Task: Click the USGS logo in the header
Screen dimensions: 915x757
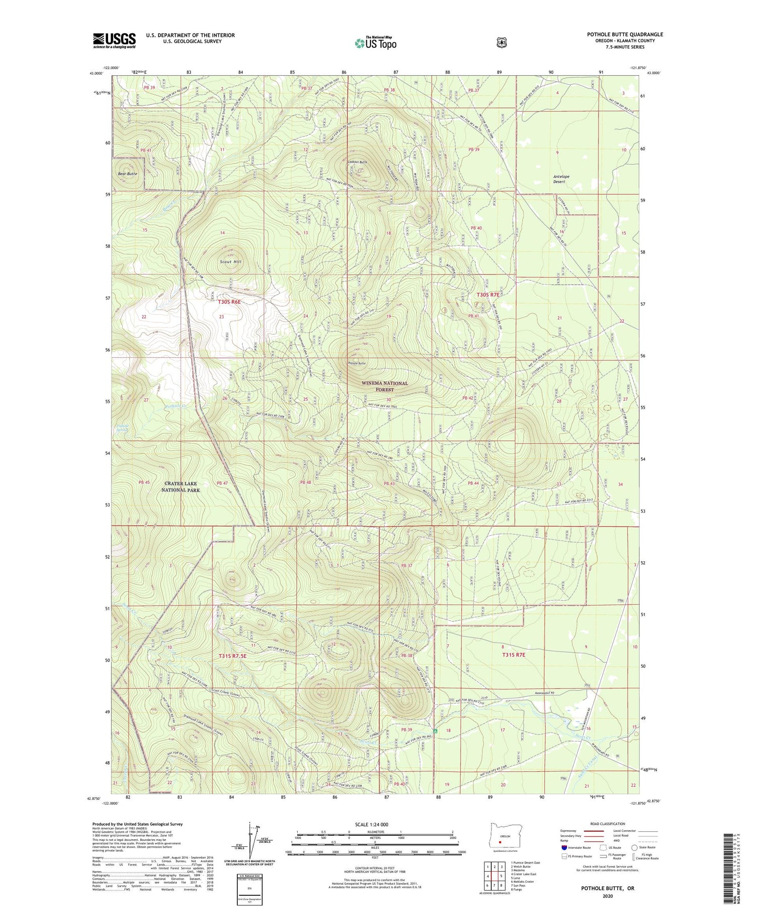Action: coord(114,40)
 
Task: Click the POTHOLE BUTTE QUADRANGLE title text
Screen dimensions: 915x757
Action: coord(624,34)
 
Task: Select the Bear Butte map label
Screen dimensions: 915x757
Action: coord(127,174)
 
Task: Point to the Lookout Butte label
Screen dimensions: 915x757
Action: coord(357,162)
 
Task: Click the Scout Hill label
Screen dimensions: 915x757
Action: coord(231,262)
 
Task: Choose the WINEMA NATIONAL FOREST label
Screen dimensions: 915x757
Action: coord(385,386)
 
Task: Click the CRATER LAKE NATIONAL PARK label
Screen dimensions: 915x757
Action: coord(181,487)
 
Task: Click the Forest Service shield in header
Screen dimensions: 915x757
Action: coord(501,43)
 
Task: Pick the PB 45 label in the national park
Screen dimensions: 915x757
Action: coord(144,482)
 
